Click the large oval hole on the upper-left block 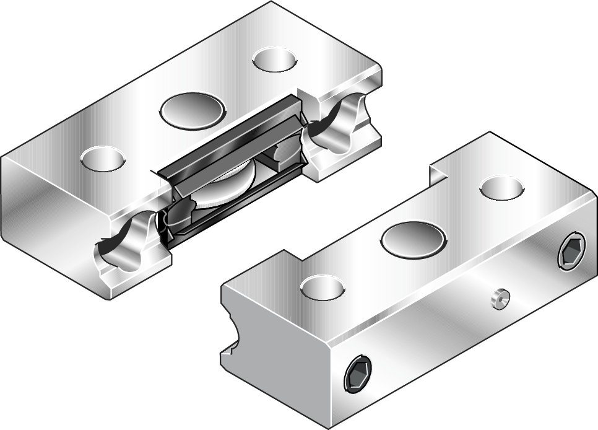pos(191,110)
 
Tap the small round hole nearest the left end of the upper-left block pos(103,158)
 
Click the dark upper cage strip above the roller pos(229,134)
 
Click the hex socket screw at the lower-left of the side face pos(358,375)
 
